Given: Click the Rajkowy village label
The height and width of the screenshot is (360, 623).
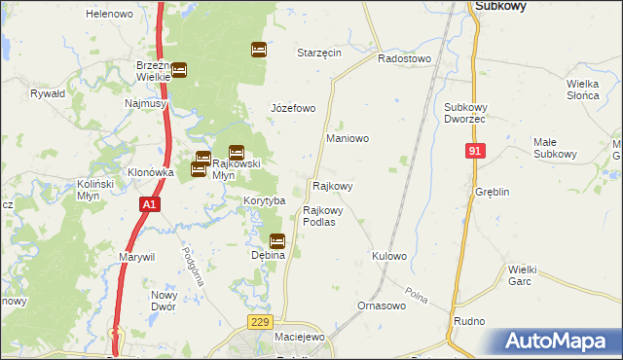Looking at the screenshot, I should [332, 185].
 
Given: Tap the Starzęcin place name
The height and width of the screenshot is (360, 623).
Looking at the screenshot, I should [318, 53].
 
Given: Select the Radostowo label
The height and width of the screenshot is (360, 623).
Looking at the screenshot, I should [404, 58].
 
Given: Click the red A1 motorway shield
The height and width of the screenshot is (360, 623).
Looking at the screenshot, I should [148, 204].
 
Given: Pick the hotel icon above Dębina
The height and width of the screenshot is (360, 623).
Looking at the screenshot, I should [277, 240].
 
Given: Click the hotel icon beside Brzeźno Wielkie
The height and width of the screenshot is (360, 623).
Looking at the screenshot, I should [180, 69].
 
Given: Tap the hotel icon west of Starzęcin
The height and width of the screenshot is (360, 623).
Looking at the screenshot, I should [258, 49].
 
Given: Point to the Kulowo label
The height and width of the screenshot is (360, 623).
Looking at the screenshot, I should [388, 256].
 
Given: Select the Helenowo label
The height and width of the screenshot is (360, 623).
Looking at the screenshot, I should [109, 15].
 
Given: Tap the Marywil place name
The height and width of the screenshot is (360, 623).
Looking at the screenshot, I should [137, 257].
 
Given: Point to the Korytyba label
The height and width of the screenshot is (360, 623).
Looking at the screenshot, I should [263, 200].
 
